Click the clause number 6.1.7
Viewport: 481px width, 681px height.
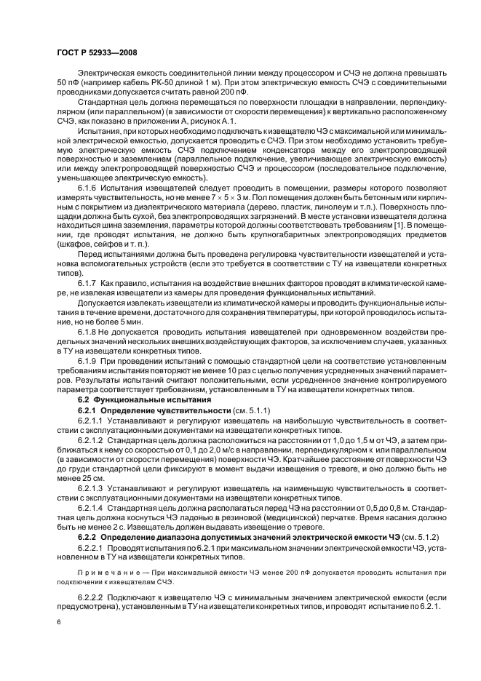(88, 282)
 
